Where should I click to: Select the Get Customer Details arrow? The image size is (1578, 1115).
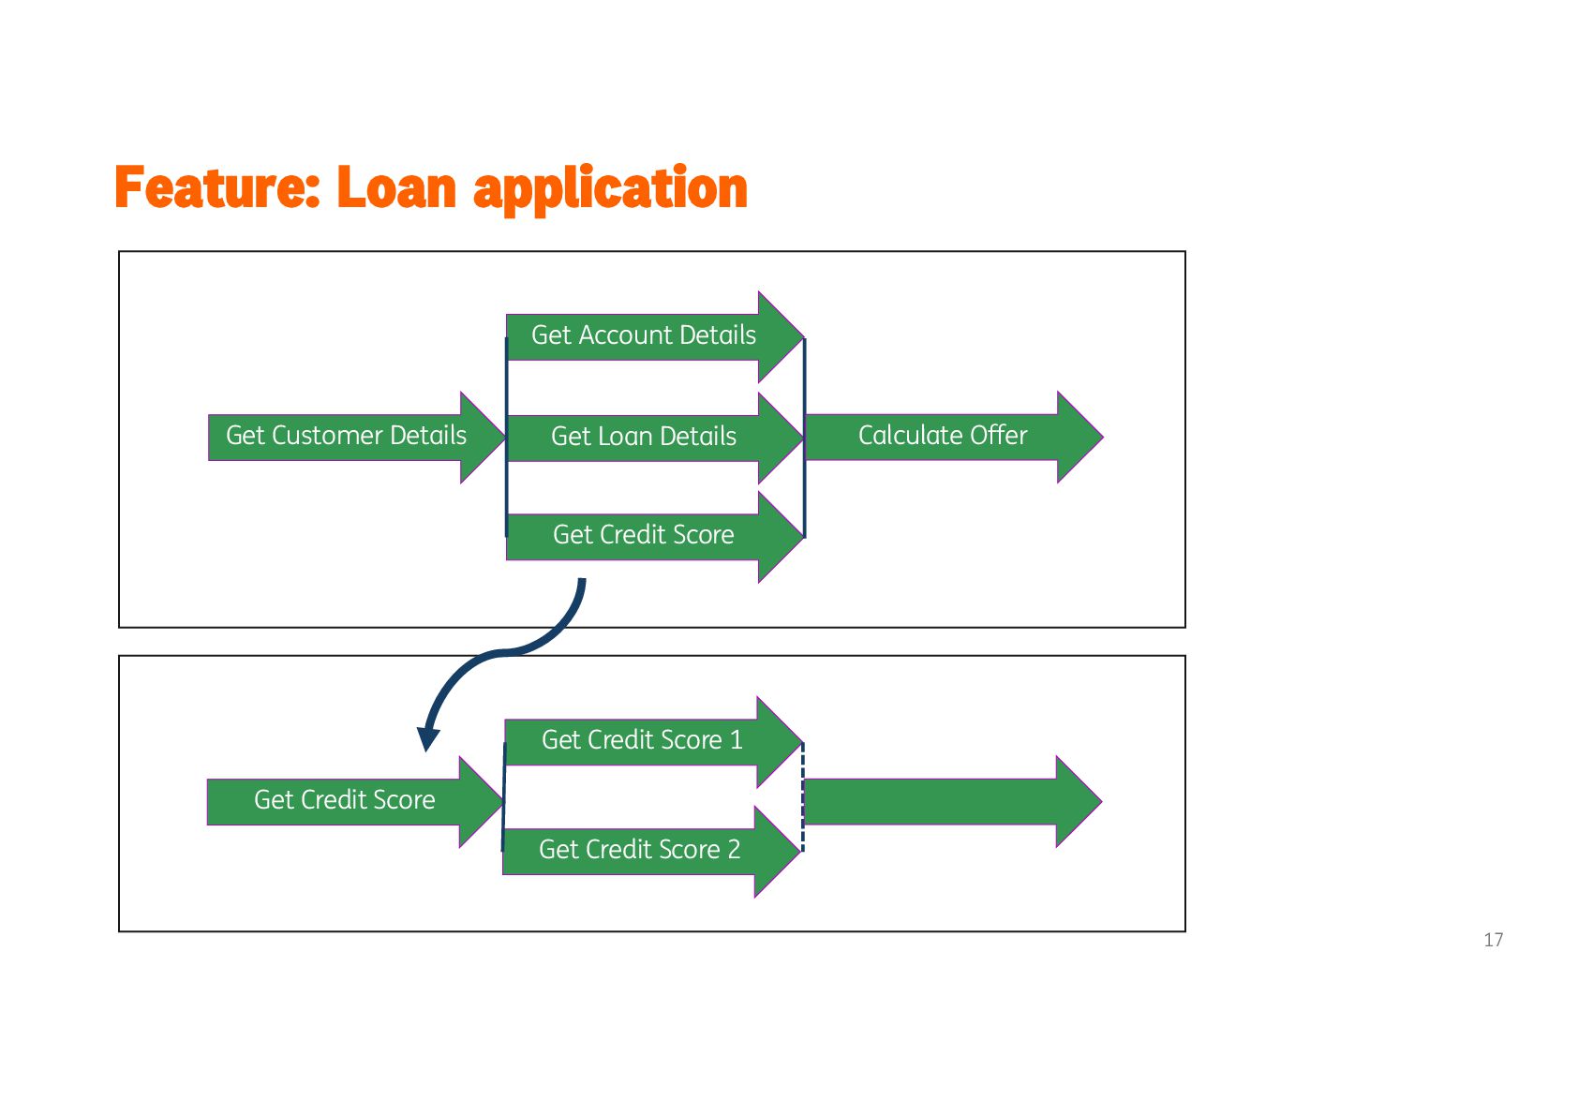[x=347, y=437]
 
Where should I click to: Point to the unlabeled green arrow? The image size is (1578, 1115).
[x=946, y=802]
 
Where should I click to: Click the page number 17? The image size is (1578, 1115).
[x=1493, y=940]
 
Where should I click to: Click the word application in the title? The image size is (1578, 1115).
[x=610, y=190]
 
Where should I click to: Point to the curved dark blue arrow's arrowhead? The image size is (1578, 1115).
[x=428, y=739]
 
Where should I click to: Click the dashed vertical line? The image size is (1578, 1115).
[x=803, y=797]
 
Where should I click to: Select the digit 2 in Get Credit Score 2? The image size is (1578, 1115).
[x=734, y=850]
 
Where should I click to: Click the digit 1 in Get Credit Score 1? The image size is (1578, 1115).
[x=737, y=740]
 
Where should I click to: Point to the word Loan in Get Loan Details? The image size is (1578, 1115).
[x=626, y=437]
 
